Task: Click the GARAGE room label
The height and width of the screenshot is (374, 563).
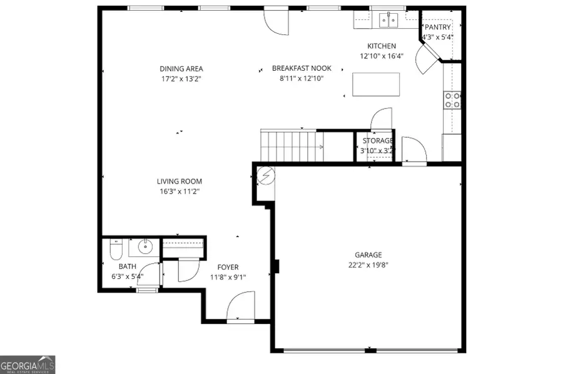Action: click(x=368, y=254)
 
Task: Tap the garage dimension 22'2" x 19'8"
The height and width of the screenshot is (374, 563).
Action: click(x=368, y=264)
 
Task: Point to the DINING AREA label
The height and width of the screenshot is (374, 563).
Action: click(x=181, y=69)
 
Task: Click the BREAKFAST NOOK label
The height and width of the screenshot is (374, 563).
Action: click(x=302, y=68)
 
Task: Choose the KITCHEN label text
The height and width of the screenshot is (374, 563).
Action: click(x=382, y=46)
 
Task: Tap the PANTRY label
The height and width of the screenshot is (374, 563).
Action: click(x=438, y=27)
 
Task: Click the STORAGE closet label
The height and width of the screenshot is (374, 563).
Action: click(x=377, y=141)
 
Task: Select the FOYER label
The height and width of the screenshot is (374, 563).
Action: click(x=228, y=267)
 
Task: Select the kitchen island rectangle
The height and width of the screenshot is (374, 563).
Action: click(x=376, y=85)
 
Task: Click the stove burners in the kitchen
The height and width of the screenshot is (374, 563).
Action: click(x=452, y=100)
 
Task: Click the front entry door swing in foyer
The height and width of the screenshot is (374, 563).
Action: click(x=240, y=308)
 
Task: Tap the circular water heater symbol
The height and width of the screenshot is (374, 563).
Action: click(x=265, y=176)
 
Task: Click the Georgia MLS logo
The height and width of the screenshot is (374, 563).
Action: click(x=28, y=364)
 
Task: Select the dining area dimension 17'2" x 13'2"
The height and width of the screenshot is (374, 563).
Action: click(x=181, y=79)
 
